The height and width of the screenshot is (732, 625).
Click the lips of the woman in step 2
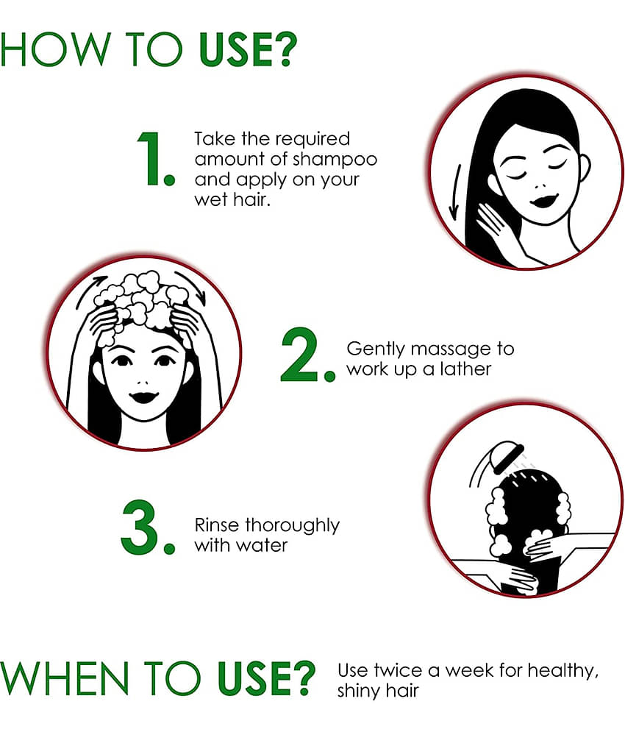(143, 397)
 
